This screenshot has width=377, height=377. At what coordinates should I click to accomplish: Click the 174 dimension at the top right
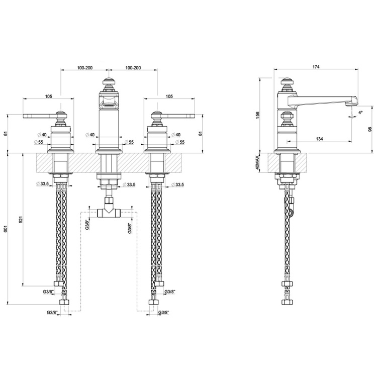click(316, 67)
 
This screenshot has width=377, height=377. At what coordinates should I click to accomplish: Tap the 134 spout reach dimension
click(320, 139)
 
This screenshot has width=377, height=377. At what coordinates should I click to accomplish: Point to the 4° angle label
click(360, 113)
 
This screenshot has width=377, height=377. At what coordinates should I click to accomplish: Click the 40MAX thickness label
click(257, 163)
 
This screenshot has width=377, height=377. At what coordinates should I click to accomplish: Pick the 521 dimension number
click(21, 219)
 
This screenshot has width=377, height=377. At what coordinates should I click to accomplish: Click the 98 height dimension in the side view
click(370, 129)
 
